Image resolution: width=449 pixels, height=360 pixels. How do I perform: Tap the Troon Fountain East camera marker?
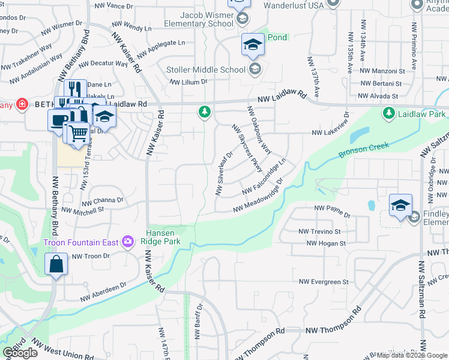127,242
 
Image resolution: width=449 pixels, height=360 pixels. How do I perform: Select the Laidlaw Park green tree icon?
388,113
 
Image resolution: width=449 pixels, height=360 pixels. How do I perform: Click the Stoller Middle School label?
206,70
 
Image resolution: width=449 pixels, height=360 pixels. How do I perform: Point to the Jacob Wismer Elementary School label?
200,19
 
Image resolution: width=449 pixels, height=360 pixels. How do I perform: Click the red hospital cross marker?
22,104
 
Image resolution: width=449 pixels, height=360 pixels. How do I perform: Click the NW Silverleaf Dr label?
224,173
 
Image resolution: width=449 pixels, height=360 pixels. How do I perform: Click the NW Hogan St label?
327,243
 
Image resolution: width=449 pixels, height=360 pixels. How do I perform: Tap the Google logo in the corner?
21,353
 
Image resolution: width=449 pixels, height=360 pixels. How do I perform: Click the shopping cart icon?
78,133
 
